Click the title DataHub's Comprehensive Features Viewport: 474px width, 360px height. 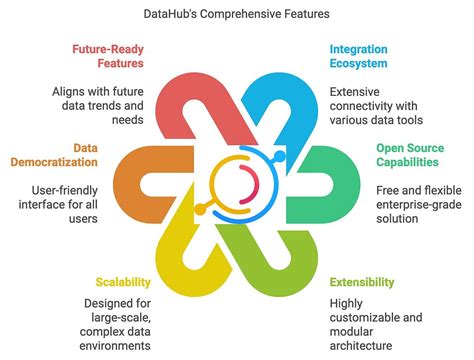[237, 16]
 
